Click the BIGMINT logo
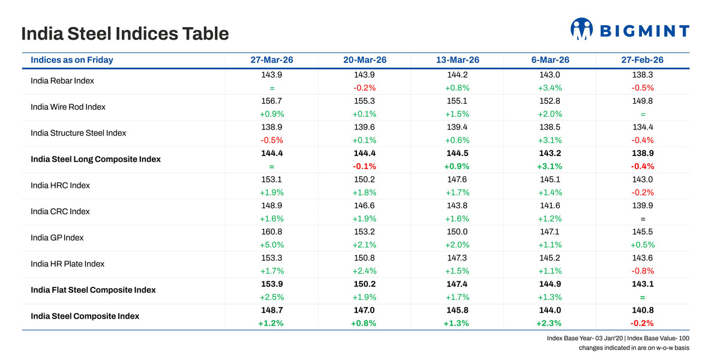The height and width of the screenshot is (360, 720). click(629, 29)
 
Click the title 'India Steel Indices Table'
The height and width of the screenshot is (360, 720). click(125, 33)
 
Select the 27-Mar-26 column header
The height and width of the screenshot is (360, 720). click(272, 60)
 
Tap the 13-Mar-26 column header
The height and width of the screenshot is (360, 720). click(458, 60)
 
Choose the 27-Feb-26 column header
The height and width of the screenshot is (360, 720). click(643, 60)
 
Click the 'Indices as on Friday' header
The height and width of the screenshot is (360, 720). click(72, 60)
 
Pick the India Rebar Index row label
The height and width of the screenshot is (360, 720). click(62, 80)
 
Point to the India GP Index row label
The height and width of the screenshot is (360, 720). click(57, 238)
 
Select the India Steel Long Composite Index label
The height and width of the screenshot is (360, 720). click(95, 159)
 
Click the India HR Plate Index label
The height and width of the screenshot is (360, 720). click(67, 263)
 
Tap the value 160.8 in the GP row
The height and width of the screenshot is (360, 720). click(272, 232)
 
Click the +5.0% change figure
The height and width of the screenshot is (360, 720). click(272, 245)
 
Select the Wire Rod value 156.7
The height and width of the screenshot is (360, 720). click(272, 101)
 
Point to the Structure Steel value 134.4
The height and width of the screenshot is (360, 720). click(643, 127)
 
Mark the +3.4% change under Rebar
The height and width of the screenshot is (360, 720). click(550, 88)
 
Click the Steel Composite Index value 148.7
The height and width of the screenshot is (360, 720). click(272, 310)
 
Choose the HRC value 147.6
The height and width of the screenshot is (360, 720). click(458, 179)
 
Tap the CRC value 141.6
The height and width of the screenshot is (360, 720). click(550, 206)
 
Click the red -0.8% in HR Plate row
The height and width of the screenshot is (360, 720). click(643, 271)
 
